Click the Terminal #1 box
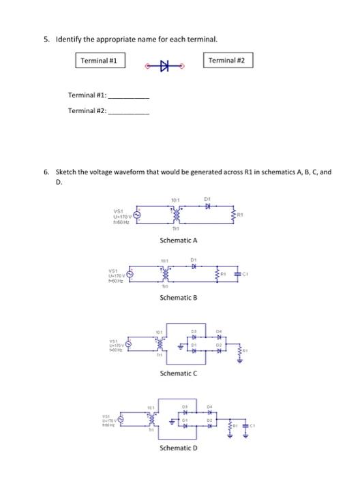point(100,61)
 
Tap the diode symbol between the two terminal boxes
point(164,66)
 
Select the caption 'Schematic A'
point(178,240)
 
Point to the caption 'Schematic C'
point(178,373)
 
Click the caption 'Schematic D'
point(178,448)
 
